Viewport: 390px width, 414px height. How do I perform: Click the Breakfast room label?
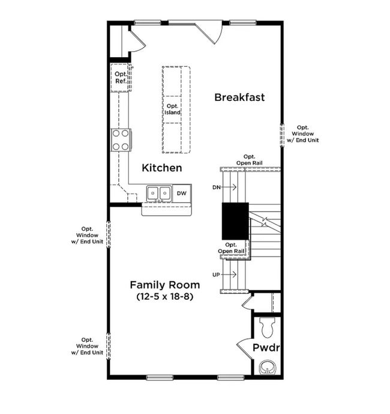pyautogui.click(x=239, y=97)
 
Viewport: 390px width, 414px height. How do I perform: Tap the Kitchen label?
pyautogui.click(x=161, y=168)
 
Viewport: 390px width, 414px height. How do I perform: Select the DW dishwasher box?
pyautogui.click(x=182, y=193)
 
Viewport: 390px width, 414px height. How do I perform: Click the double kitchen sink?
pyautogui.click(x=159, y=193)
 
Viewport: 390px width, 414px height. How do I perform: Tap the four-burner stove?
pyautogui.click(x=121, y=139)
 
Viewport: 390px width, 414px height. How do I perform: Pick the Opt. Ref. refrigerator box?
pyautogui.click(x=121, y=78)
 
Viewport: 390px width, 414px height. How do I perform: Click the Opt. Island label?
pyautogui.click(x=173, y=109)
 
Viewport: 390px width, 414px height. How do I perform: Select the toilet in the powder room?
pyautogui.click(x=266, y=327)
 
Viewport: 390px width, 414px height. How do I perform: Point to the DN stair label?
pyautogui.click(x=217, y=187)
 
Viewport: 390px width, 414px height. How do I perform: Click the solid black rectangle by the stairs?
pyautogui.click(x=235, y=221)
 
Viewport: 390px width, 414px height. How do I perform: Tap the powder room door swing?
pyautogui.click(x=245, y=348)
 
